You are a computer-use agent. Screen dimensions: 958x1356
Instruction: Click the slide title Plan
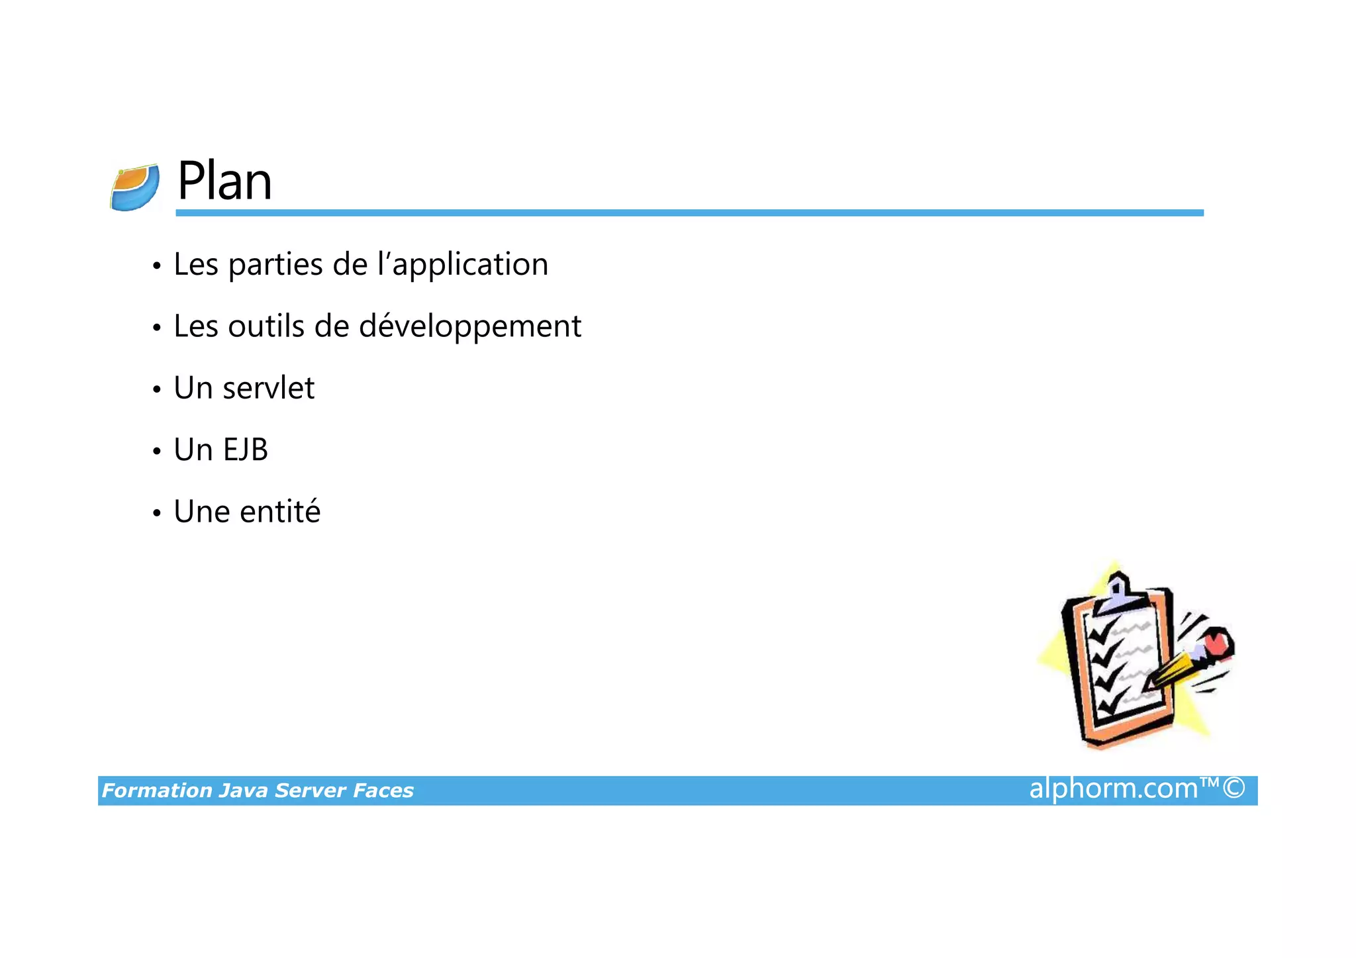coord(224,181)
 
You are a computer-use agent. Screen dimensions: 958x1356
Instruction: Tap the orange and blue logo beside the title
coord(135,187)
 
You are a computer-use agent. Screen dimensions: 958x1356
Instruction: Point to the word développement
coord(470,326)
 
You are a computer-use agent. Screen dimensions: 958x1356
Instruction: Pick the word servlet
coord(268,388)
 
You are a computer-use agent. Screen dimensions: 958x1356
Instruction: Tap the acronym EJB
coord(245,450)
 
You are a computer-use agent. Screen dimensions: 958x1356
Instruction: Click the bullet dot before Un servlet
coord(157,390)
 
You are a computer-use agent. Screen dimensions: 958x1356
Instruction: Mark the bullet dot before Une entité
coord(157,514)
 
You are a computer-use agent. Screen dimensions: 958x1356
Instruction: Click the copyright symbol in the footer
coord(1234,789)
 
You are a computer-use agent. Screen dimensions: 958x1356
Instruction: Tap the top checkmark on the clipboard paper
coord(1102,634)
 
